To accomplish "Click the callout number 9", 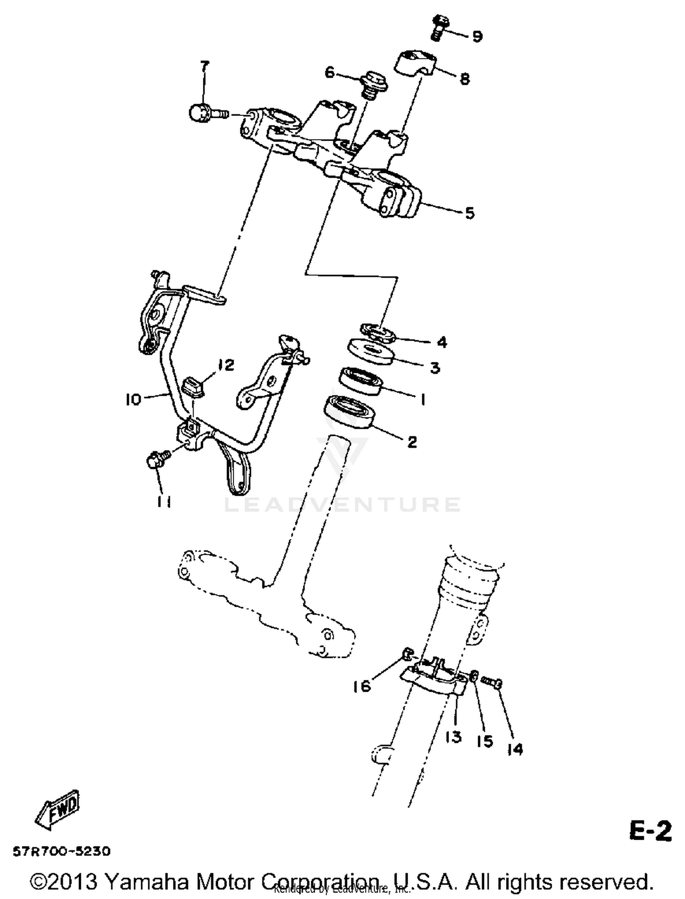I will [477, 36].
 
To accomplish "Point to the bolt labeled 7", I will [205, 112].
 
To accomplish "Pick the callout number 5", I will [470, 213].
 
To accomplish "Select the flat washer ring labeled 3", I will [371, 352].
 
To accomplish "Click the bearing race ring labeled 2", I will [349, 412].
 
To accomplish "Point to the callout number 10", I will [133, 400].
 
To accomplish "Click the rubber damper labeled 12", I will [193, 388].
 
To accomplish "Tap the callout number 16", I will [361, 686].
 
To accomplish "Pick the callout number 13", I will [453, 736].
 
